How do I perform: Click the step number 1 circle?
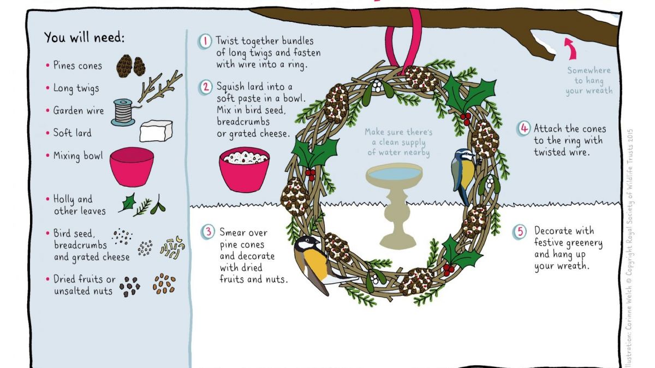205,41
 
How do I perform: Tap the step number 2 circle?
205,87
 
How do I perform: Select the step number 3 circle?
208,232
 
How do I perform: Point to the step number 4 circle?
523,128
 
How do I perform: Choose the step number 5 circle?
520,232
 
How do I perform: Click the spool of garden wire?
123,112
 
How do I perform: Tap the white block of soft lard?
156,130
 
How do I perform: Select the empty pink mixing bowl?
132,167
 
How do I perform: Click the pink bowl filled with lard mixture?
244,170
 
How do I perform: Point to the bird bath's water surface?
394,173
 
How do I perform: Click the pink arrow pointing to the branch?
570,48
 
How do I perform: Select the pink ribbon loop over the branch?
403,41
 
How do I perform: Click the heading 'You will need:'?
84,38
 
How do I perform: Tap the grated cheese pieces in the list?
172,247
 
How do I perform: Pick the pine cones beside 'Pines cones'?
130,66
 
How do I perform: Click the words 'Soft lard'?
72,133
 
